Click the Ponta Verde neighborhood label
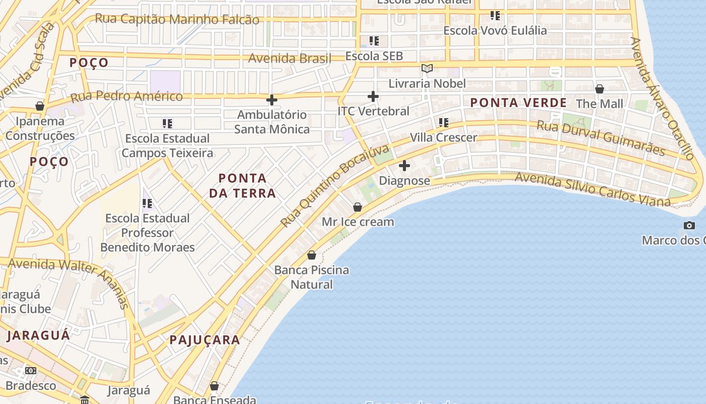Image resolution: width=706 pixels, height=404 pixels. click(x=518, y=103)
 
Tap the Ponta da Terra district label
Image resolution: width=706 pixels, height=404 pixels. click(x=243, y=185)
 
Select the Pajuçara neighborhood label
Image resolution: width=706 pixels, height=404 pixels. click(x=205, y=340)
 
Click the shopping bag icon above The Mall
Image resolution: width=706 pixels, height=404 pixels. click(x=600, y=89)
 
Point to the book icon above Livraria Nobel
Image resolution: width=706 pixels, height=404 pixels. click(x=427, y=69)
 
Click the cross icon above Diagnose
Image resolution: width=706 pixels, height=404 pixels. click(x=404, y=166)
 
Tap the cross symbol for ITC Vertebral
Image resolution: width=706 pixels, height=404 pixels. click(x=373, y=96)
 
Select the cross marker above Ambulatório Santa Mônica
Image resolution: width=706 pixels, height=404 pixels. click(x=272, y=100)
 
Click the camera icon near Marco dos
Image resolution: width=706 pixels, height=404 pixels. click(x=689, y=226)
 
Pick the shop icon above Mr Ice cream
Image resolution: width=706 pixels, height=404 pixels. click(x=358, y=207)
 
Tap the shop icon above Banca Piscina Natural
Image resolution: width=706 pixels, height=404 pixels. click(x=312, y=255)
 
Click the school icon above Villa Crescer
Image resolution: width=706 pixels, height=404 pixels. click(x=444, y=123)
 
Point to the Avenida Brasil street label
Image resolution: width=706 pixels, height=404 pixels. click(x=289, y=58)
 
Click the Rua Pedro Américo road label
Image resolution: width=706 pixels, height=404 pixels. click(x=127, y=96)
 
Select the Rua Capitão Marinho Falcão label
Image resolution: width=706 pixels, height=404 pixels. click(x=177, y=19)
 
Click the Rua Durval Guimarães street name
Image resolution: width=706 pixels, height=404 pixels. click(x=600, y=138)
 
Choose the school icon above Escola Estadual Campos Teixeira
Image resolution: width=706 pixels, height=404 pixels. click(x=167, y=124)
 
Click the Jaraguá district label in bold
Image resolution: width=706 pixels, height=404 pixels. click(x=39, y=335)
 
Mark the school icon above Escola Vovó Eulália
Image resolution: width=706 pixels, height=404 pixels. click(x=495, y=16)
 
